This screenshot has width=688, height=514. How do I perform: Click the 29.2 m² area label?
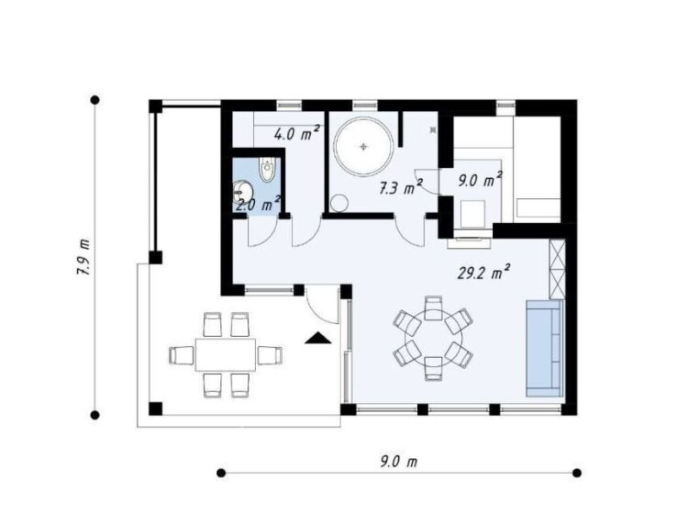(483, 272)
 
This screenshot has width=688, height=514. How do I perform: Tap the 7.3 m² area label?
(401, 187)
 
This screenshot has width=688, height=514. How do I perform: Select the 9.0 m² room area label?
(480, 179)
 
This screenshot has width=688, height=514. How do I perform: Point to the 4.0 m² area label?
(296, 133)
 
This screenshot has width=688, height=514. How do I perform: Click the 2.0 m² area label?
(258, 204)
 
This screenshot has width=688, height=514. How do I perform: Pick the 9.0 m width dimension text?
(398, 462)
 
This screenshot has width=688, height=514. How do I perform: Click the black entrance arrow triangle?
(318, 338)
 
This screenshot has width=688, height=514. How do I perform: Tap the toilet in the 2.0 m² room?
(267, 170)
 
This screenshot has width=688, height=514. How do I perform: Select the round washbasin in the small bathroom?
(242, 192)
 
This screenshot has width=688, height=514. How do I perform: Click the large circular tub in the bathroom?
(363, 147)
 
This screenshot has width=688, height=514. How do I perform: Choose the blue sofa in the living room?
(544, 348)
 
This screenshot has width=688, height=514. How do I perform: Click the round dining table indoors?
(434, 338)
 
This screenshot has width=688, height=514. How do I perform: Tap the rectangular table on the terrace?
(226, 354)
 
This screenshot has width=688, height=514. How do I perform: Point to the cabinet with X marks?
(557, 270)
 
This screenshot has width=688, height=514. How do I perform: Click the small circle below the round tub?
(339, 203)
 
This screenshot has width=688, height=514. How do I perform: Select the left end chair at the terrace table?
(182, 354)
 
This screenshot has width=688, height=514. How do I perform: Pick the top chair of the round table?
(434, 307)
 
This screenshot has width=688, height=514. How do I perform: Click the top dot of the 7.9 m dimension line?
(94, 100)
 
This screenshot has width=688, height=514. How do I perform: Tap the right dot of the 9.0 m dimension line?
(577, 473)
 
